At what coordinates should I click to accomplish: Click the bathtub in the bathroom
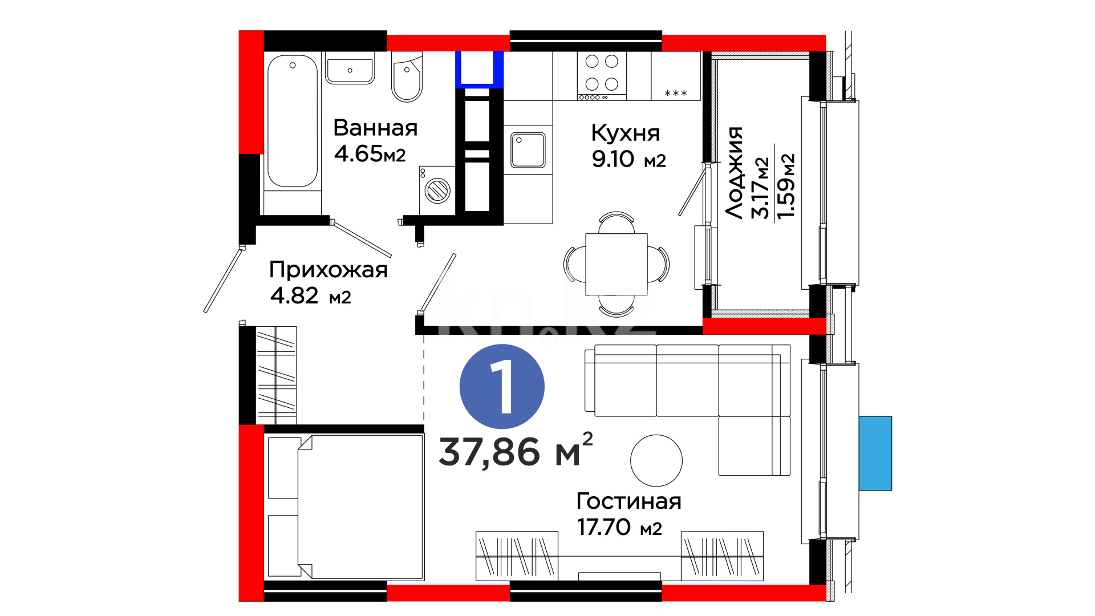[293, 121]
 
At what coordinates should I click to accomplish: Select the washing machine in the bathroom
[437, 191]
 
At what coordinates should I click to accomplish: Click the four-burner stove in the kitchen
[602, 76]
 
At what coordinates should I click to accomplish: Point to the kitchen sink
[528, 150]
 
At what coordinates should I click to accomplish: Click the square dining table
[617, 264]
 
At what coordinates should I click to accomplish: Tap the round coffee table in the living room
[656, 460]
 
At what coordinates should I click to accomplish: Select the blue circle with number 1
[502, 387]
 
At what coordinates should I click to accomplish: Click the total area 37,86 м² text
[516, 451]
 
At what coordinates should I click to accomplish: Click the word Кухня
[626, 133]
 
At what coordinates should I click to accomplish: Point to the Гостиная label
[629, 501]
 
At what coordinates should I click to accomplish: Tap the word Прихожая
[328, 270]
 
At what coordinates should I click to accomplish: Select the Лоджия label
[735, 173]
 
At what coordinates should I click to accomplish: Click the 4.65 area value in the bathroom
[358, 153]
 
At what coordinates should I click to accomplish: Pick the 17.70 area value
[604, 527]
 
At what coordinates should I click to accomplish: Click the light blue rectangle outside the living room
[875, 453]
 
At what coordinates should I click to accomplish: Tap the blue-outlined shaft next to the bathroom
[479, 70]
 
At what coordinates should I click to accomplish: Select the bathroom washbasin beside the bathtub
[350, 69]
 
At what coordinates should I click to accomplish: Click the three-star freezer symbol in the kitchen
[676, 93]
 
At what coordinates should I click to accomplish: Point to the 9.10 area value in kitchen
[613, 159]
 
